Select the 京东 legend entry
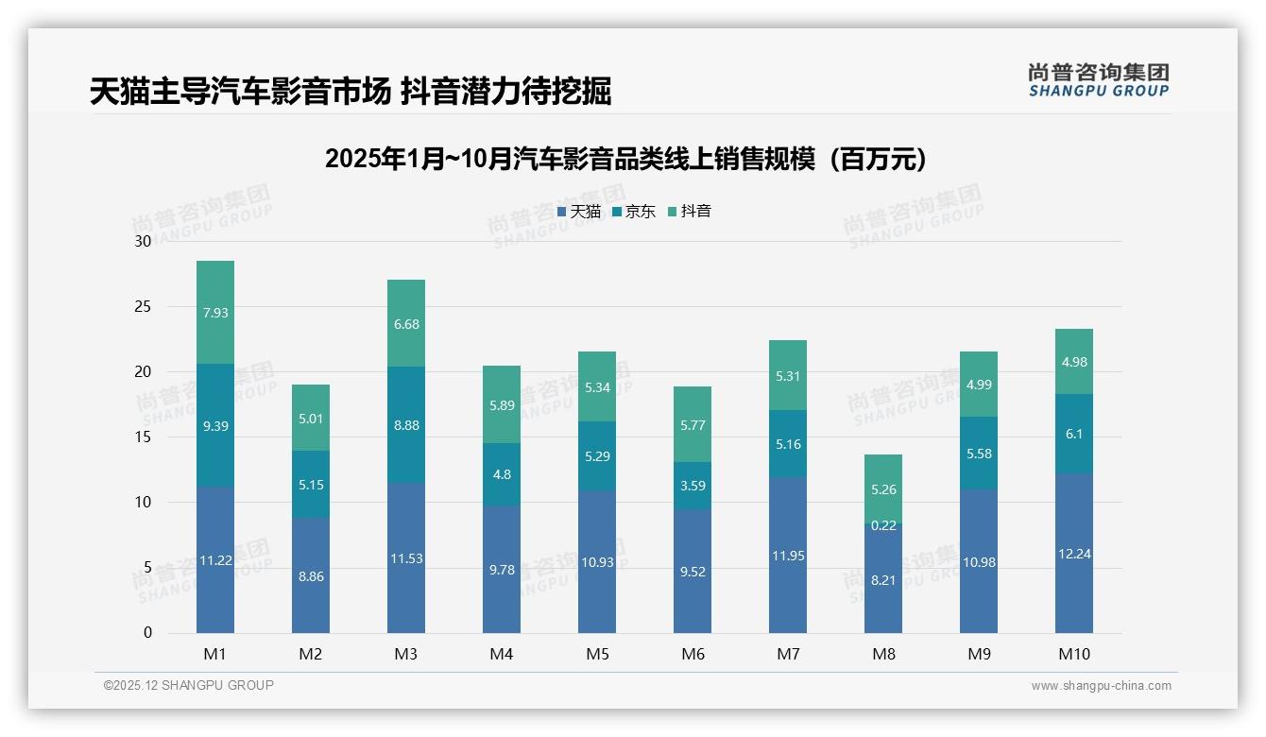(634, 212)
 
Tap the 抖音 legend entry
(690, 212)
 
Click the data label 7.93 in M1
(215, 313)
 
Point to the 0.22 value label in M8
(883, 525)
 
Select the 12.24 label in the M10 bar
(1074, 554)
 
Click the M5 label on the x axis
(597, 654)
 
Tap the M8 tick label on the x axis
(883, 654)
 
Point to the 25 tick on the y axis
(143, 306)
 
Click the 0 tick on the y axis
(147, 633)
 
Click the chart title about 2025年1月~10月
(625, 159)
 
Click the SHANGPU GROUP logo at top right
(1098, 80)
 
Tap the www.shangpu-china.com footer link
(1101, 686)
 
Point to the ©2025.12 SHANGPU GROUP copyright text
(189, 686)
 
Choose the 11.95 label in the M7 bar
(788, 556)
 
